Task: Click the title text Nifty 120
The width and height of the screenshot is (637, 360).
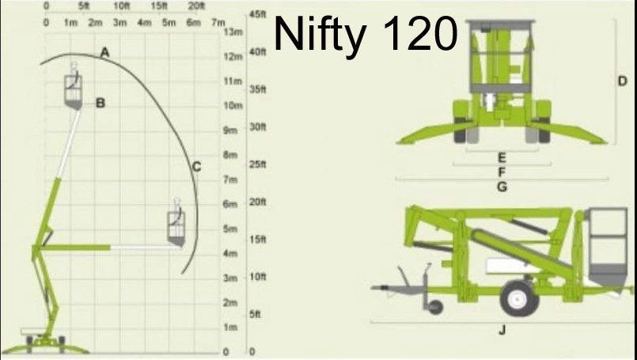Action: [x=366, y=34]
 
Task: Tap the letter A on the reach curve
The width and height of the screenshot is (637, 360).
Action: [x=104, y=52]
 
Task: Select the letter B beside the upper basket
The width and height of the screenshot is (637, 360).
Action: [x=100, y=103]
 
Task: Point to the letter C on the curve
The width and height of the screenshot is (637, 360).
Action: [x=196, y=167]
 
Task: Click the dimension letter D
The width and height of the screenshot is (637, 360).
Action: [x=623, y=81]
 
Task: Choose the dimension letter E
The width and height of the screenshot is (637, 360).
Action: [x=502, y=157]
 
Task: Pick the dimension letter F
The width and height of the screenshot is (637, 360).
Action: [x=502, y=172]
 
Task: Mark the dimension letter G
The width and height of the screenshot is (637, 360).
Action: [x=502, y=187]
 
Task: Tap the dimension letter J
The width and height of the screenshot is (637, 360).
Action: [x=502, y=330]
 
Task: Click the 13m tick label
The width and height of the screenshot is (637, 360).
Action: [x=233, y=32]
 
